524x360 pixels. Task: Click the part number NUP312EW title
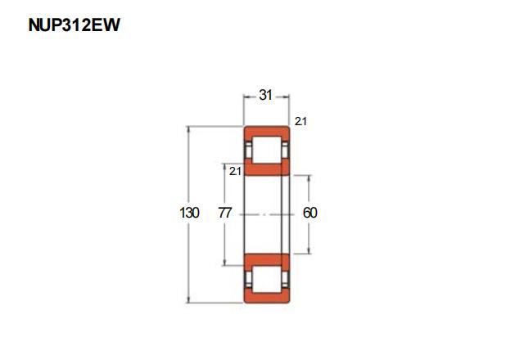pos(74,25)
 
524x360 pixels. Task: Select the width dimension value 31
pos(265,95)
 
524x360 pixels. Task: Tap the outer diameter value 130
pos(189,213)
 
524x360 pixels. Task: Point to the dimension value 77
pos(225,213)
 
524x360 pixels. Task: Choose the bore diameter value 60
pos(309,213)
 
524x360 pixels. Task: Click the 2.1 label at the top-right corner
pos(300,121)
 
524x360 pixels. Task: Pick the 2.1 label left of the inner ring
pos(235,171)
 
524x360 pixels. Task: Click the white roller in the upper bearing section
pos(266,150)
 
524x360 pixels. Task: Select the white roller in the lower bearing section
pos(266,279)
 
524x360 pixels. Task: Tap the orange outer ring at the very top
pos(266,131)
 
